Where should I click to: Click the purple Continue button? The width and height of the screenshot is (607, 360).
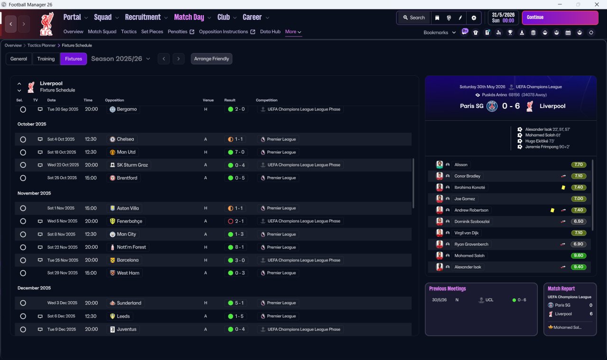(x=560, y=18)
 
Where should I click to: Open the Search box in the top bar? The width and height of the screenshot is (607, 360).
(x=414, y=18)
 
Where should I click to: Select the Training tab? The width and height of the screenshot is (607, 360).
(x=46, y=59)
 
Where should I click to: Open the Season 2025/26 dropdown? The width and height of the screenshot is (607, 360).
(x=120, y=59)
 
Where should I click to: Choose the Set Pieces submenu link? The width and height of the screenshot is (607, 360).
(x=152, y=32)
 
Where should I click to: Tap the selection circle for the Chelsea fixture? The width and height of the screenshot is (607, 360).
(x=23, y=139)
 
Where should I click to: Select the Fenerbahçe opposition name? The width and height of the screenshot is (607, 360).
(x=129, y=221)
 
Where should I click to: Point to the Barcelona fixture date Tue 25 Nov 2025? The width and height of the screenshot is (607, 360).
(x=63, y=260)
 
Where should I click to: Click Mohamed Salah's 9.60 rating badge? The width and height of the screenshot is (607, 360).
(x=578, y=255)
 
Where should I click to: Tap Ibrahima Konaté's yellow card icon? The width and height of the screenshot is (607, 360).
(x=563, y=187)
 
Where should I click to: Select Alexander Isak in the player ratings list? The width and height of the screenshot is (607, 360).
(x=468, y=267)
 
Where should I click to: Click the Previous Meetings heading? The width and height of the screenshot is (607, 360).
(x=447, y=288)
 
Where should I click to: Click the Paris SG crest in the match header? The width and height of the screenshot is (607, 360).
(x=492, y=106)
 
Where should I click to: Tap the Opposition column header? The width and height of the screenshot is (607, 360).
(x=114, y=100)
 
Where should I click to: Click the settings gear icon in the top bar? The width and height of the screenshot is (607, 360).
(x=474, y=18)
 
